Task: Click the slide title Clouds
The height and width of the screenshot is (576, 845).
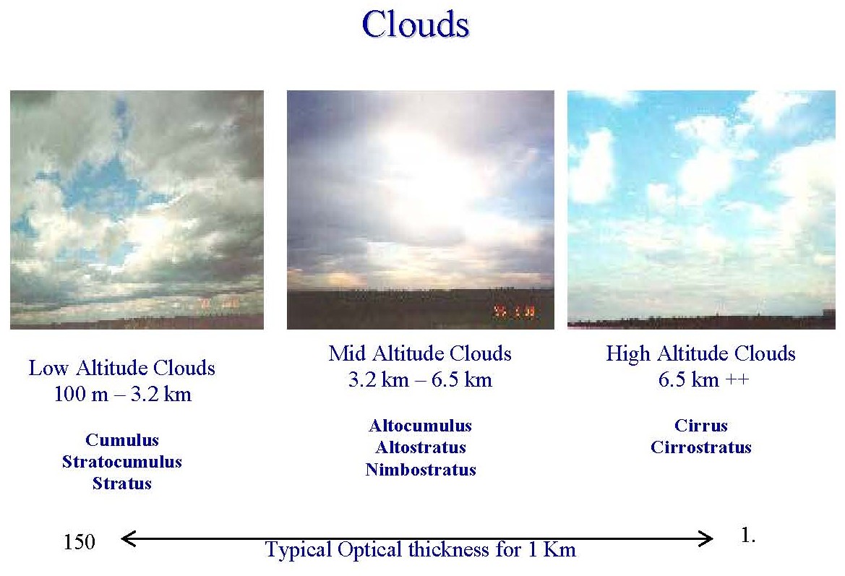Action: pos(416,25)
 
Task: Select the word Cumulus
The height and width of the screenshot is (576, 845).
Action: pos(122,439)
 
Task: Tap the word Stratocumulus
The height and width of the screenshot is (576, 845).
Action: pos(122,461)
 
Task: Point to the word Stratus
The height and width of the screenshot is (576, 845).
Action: pos(122,483)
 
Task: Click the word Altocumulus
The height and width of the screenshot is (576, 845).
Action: pos(421,425)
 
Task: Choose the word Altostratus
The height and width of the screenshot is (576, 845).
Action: pos(421,447)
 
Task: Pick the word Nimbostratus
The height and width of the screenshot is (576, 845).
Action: pos(421,469)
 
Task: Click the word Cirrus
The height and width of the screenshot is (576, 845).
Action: pos(700,425)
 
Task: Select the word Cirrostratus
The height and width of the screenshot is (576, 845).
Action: pos(700,447)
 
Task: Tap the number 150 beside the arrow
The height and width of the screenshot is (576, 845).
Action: pos(80,541)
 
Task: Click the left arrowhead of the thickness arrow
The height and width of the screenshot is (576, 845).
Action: pos(128,538)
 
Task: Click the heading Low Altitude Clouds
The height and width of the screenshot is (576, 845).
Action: pos(121,367)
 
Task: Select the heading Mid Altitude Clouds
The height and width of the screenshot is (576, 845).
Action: pos(421,353)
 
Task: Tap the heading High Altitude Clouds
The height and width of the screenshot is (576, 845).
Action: pos(700,353)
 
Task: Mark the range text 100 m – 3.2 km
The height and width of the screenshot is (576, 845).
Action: pos(123,394)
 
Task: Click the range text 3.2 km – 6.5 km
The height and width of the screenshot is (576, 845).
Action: pos(421,379)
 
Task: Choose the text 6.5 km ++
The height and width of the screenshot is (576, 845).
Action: pos(703,379)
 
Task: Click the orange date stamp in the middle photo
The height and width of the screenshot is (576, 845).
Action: pos(515,311)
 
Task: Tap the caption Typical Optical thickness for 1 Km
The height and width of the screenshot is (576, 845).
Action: pos(421,549)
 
